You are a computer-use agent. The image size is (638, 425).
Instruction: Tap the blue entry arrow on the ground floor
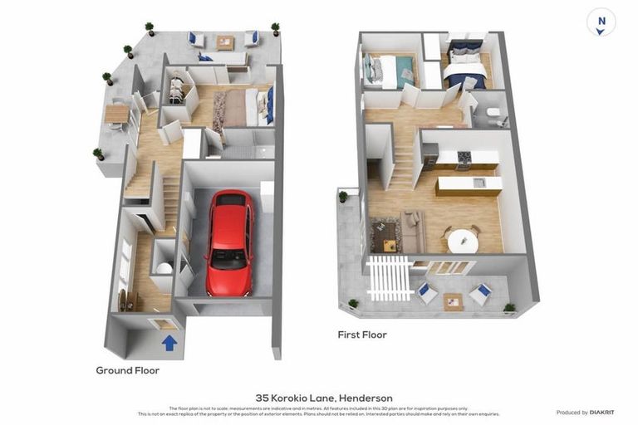(x=169, y=342)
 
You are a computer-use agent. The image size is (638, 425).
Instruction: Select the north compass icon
(x=601, y=22)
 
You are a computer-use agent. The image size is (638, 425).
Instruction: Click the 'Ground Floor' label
(x=127, y=370)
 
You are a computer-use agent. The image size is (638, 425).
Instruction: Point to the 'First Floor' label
(x=361, y=335)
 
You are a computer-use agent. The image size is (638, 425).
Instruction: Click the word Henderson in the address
(x=361, y=398)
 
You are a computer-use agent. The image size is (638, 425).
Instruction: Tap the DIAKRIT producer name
(x=602, y=413)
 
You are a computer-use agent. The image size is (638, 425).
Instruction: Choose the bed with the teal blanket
(x=389, y=71)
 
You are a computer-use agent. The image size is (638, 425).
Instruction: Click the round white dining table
(x=463, y=241)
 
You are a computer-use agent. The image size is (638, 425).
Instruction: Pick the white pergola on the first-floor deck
(x=390, y=277)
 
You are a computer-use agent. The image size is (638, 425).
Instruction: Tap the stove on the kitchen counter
(x=464, y=156)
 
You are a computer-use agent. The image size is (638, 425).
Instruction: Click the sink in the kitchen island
(x=478, y=183)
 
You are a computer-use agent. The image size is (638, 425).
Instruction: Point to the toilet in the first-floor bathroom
(x=493, y=114)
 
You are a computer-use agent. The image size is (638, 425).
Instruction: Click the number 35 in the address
(x=263, y=398)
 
